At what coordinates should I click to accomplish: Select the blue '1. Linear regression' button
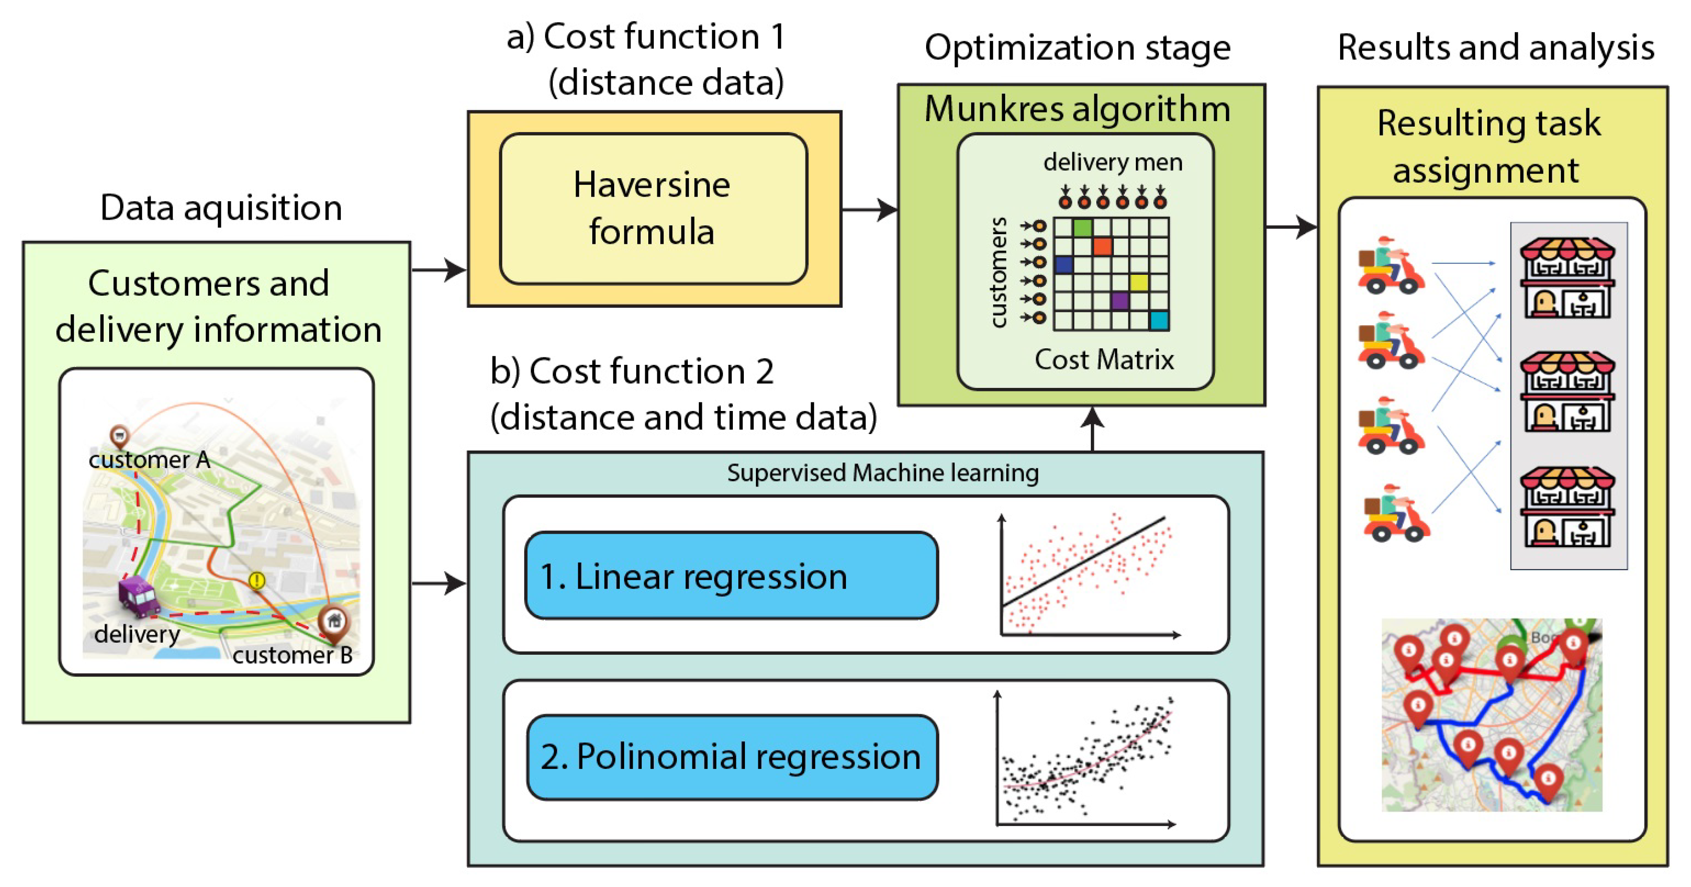[x=731, y=576]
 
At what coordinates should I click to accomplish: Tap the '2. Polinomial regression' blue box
[x=731, y=757]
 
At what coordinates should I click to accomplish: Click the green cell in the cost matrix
[x=1082, y=228]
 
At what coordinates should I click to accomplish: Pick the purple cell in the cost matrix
[x=1120, y=301]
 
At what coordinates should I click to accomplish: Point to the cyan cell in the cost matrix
[x=1159, y=320]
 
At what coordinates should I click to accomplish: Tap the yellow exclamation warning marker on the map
[x=257, y=580]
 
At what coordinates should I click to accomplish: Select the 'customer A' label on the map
[x=149, y=460]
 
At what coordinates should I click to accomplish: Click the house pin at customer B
[x=334, y=621]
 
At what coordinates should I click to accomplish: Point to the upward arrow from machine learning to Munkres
[x=1092, y=428]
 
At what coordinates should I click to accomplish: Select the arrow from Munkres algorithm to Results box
[x=1291, y=227]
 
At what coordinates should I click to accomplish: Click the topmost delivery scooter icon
[x=1390, y=266]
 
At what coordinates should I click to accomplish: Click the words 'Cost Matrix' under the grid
[x=1104, y=360]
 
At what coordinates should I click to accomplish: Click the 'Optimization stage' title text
[x=1077, y=48]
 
